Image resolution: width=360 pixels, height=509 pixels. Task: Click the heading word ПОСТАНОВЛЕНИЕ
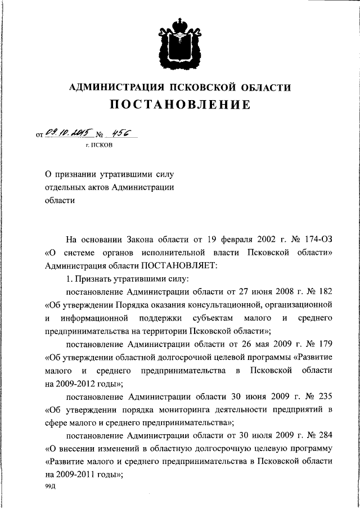pyautogui.click(x=179, y=105)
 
